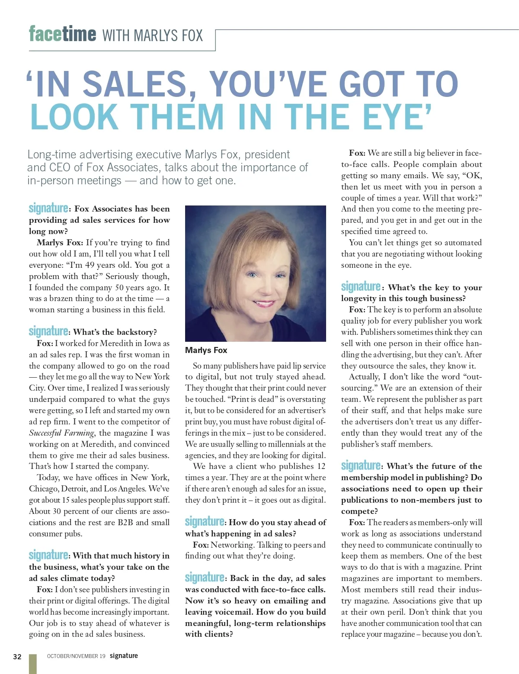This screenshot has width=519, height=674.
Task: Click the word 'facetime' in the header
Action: click(x=62, y=34)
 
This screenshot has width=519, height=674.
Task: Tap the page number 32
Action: click(x=17, y=657)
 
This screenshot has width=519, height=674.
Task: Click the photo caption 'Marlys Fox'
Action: click(x=206, y=350)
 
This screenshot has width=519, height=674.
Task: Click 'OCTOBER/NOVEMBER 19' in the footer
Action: click(x=76, y=656)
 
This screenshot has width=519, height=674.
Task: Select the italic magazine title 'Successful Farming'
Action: click(x=61, y=433)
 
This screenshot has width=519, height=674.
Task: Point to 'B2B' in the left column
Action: click(x=125, y=523)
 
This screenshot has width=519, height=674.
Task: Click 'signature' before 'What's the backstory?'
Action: click(x=48, y=332)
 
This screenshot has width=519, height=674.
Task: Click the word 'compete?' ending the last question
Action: click(x=359, y=511)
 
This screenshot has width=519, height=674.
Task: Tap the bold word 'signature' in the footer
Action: click(x=124, y=656)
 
